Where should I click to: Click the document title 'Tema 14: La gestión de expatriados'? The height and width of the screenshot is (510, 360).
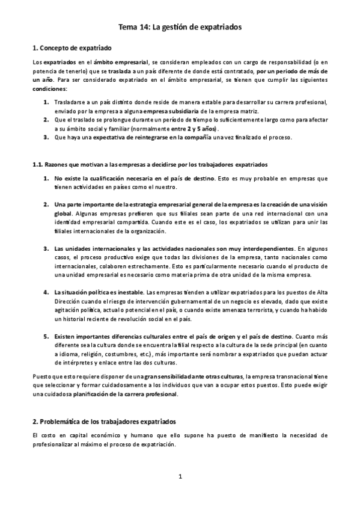click(180, 27)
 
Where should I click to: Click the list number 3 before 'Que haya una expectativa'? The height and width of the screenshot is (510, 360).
click(46, 137)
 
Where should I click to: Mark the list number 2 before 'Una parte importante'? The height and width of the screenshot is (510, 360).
click(46, 204)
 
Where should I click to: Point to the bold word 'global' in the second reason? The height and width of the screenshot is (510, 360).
click(63, 214)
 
